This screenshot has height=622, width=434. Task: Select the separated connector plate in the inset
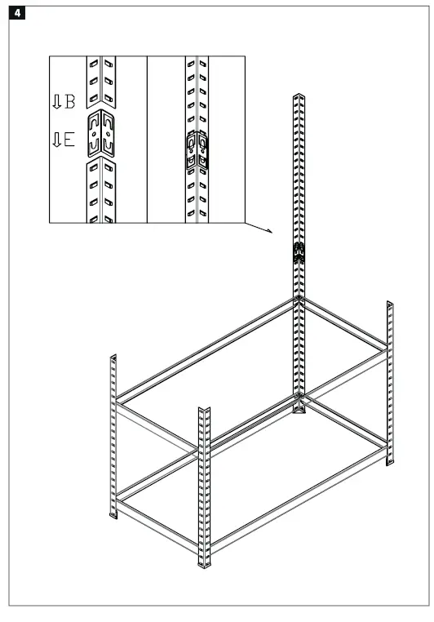pyautogui.click(x=103, y=135)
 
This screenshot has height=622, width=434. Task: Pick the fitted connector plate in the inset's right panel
pyautogui.click(x=197, y=149)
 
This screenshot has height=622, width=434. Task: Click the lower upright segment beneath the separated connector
pyautogui.click(x=103, y=191)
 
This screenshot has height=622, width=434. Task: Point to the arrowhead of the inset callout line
pyautogui.click(x=269, y=231)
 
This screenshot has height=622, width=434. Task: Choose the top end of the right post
pyautogui.click(x=389, y=303)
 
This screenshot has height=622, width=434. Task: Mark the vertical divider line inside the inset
pyautogui.click(x=147, y=139)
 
